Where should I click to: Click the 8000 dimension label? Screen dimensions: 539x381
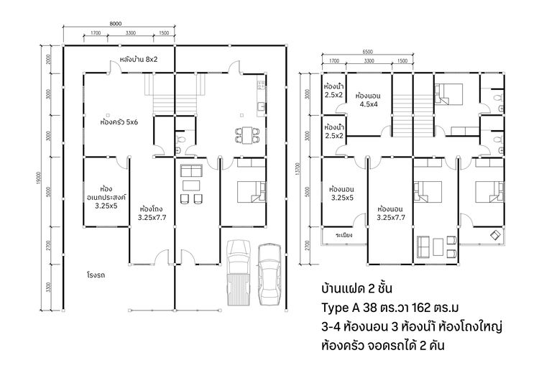[116, 24]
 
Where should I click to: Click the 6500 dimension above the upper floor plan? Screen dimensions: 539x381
[367, 52]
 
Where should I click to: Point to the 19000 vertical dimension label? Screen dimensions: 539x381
[39, 178]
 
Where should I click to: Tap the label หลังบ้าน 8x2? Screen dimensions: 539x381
[139, 59]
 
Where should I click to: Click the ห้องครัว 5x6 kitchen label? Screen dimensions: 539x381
[119, 121]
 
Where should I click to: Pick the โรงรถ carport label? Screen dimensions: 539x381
[96, 275]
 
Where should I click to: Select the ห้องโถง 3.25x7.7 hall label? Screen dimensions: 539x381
[152, 213]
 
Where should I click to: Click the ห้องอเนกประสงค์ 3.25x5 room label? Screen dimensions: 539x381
[106, 198]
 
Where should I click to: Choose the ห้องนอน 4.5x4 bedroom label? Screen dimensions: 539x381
[368, 100]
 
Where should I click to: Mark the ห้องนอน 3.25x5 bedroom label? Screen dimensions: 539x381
[342, 193]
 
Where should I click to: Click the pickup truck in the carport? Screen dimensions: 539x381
[239, 272]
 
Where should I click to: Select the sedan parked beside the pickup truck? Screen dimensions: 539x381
[269, 275]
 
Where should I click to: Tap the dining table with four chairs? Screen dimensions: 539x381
[247, 135]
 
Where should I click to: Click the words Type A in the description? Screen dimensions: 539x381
[341, 308]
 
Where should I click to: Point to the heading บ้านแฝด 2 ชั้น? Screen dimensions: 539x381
[356, 288]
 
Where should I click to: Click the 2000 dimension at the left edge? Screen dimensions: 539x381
[48, 59]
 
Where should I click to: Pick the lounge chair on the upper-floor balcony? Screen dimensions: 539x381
[495, 234]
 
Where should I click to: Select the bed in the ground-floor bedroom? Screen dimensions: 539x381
[252, 192]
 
